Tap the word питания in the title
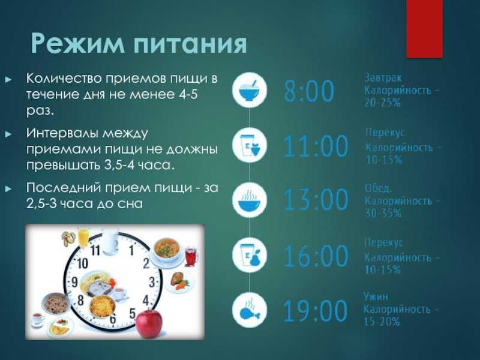pyautogui.click(x=190, y=44)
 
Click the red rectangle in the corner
pyautogui.click(x=424, y=29)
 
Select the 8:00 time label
pyautogui.click(x=309, y=91)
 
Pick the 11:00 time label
pyautogui.click(x=316, y=146)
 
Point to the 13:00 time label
pyautogui.click(x=316, y=200)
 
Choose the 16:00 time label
pyautogui.click(x=316, y=256)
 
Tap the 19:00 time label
pyautogui.click(x=316, y=311)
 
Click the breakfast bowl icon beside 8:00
pyautogui.click(x=250, y=90)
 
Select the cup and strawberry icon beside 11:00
pyautogui.click(x=250, y=145)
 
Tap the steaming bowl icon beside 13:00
pyautogui.click(x=250, y=200)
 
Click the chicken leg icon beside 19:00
pyautogui.click(x=250, y=310)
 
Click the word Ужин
pyautogui.click(x=376, y=296)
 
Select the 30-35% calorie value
pyautogui.click(x=383, y=213)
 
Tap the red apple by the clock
pyautogui.click(x=149, y=323)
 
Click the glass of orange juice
pyautogui.click(x=83, y=237)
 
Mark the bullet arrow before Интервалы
pyautogui.click(x=8, y=134)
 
